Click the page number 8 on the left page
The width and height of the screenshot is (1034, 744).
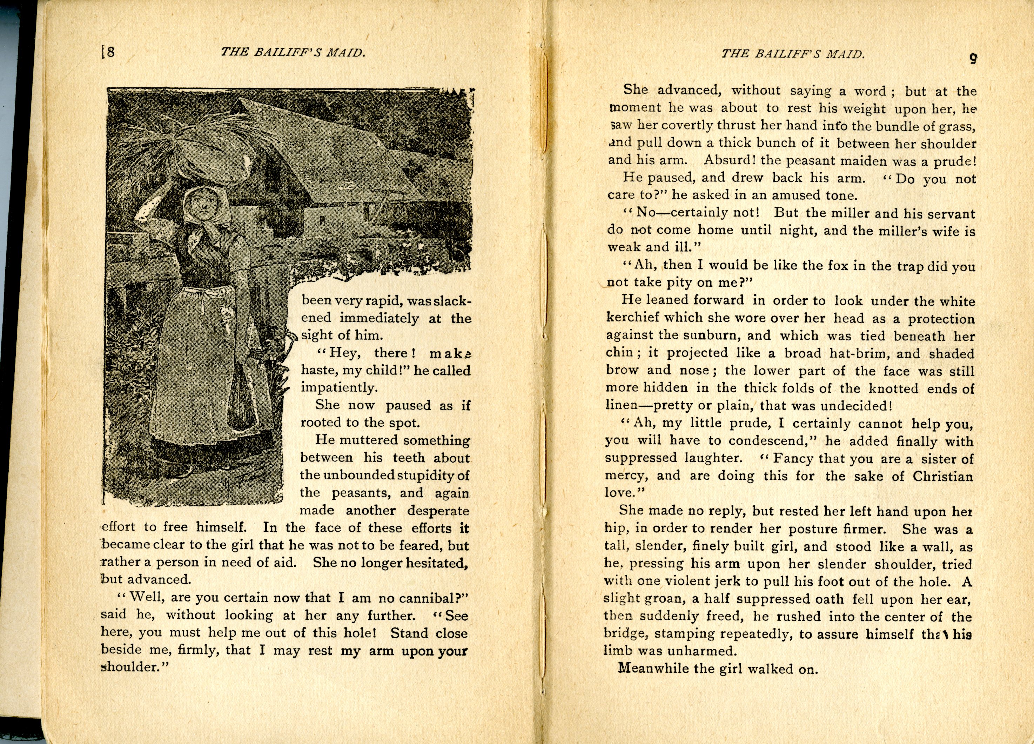[x=110, y=52]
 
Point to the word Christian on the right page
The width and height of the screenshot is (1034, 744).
[x=942, y=476]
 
